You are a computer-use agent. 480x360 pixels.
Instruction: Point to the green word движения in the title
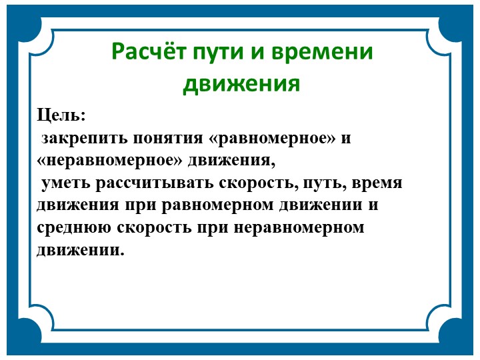241,85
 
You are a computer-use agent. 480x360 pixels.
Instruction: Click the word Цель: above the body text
61,115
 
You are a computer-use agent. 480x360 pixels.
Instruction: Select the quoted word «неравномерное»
109,161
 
